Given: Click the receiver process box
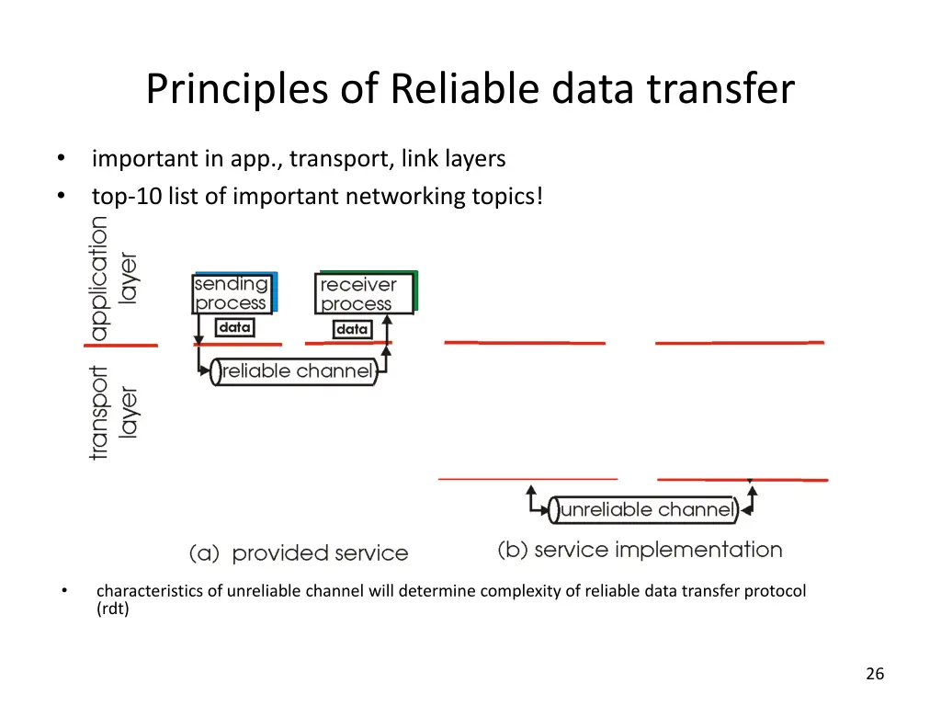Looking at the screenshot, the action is point(366,292).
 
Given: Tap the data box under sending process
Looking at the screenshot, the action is point(234,327).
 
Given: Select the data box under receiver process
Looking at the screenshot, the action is point(352,329).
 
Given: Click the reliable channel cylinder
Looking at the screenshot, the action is point(294,371).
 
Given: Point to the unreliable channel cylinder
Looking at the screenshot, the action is point(644,509).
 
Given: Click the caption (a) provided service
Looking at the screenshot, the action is point(299,552).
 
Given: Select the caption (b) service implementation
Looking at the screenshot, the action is point(641,550).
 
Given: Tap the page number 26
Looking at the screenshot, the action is point(875,674).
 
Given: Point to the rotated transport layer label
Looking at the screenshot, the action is point(113,413).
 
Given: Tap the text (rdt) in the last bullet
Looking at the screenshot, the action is point(113,609).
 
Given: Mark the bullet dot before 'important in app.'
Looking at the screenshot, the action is point(62,158).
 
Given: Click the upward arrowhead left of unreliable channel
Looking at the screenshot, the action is point(531,490).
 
